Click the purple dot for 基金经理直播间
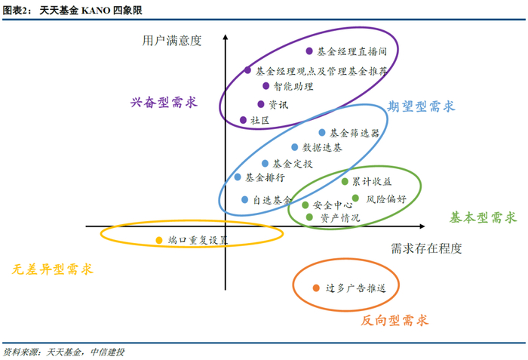pyautogui.click(x=309, y=51)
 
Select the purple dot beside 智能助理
pyautogui.click(x=266, y=86)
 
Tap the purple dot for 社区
pyautogui.click(x=243, y=120)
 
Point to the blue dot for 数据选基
pyautogui.click(x=295, y=147)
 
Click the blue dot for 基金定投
pyautogui.click(x=265, y=163)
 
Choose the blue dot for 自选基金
pyautogui.click(x=245, y=200)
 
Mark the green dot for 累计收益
pyautogui.click(x=345, y=181)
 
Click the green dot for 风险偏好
pyautogui.click(x=356, y=199)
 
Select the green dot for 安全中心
pyautogui.click(x=305, y=205)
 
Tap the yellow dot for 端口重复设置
pyautogui.click(x=158, y=240)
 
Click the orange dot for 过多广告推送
pyautogui.click(x=316, y=288)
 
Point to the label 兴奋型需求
pyautogui.click(x=164, y=102)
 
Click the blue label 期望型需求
pyautogui.click(x=422, y=106)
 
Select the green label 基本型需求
pyautogui.click(x=483, y=217)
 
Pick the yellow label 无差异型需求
pyautogui.click(x=53, y=269)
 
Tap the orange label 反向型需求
pyautogui.click(x=394, y=320)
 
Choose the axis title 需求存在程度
pyautogui.click(x=426, y=248)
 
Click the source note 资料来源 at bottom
pyautogui.click(x=63, y=352)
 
